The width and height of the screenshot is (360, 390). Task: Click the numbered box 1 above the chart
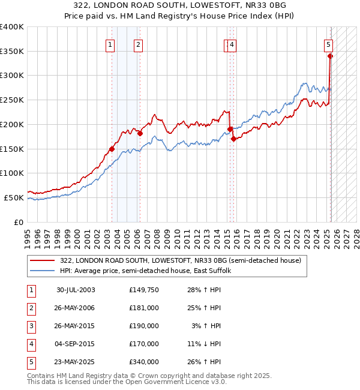111,43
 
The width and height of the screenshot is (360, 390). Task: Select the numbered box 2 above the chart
138,43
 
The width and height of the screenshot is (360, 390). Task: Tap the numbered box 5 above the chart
329,43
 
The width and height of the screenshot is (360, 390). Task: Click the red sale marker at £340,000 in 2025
330,56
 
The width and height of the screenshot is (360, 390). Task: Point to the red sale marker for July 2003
112,149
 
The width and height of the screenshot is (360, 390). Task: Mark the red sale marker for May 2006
140,133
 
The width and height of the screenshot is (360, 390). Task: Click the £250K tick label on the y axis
12,100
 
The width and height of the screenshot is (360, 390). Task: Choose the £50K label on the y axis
14,197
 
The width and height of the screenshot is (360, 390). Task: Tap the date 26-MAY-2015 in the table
76,326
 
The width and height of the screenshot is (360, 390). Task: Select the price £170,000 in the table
144,344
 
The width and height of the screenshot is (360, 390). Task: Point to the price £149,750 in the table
144,290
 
